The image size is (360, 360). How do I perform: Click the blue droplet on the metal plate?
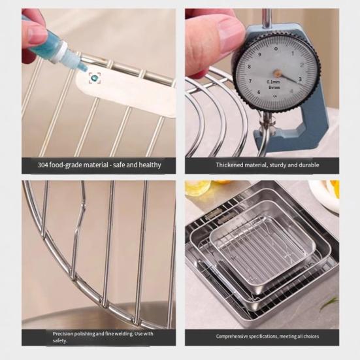click(95, 78)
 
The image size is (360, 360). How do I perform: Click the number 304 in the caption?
click(43, 165)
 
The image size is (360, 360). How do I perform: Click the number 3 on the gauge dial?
click(300, 79)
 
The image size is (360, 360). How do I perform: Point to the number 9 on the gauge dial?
click(259, 54)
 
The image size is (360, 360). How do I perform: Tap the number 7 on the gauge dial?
click(250, 81)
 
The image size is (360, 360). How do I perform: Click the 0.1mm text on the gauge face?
click(273, 82)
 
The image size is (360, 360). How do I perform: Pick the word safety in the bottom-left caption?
click(59, 340)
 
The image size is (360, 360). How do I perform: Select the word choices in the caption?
click(311, 336)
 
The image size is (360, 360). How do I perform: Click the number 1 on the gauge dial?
click(293, 54)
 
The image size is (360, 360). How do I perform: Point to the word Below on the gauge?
click(274, 88)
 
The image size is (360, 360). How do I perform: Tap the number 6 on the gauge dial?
click(259, 92)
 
